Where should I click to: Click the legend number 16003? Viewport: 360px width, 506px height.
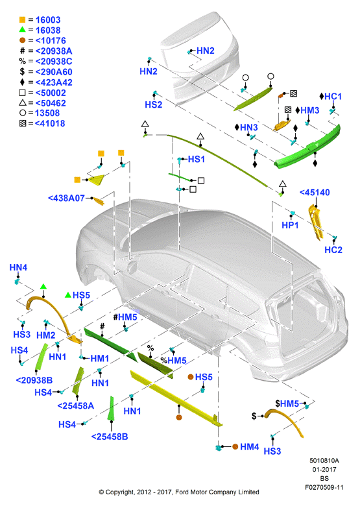pos(48,20)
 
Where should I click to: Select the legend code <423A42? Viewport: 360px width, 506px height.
pos(54,82)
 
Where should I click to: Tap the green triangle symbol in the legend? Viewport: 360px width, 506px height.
pos(22,30)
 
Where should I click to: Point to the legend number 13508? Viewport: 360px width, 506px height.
pos(47,114)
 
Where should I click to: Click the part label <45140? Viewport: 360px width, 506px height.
pos(315,192)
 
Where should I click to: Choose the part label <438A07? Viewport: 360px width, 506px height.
pos(66,198)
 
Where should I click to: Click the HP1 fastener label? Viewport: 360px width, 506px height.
pos(290,225)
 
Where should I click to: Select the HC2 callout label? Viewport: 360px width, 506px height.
pos(333,250)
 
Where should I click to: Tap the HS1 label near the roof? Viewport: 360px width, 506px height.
pos(197,159)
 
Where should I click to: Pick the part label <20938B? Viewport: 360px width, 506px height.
pos(34,380)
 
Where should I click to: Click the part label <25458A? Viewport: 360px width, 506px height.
pos(75,405)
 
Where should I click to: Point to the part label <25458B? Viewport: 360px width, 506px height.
pos(110,437)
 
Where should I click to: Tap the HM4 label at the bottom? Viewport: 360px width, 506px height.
pos(250,447)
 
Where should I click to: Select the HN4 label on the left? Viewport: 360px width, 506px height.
pos(18,267)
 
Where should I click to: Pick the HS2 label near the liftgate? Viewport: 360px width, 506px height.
pos(154,104)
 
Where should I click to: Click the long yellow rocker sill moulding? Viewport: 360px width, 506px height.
pos(176,398)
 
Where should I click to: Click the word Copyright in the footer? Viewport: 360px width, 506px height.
pos(120,492)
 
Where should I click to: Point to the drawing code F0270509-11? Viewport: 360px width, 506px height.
pos(324,487)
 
